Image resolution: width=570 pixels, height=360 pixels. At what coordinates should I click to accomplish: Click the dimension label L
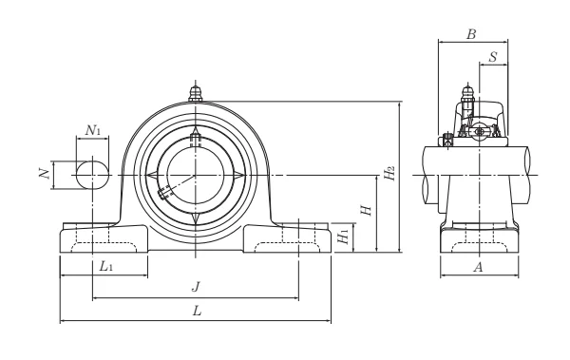tap(197, 312)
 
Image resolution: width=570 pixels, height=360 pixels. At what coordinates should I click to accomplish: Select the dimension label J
tap(196, 287)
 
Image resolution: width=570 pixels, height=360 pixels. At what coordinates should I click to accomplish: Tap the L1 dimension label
tap(106, 267)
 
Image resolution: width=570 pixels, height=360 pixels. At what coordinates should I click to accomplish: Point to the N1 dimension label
tap(93, 130)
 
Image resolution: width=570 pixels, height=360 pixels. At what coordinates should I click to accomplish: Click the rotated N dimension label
tap(45, 174)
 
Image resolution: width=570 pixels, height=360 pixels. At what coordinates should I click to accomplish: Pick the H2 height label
tap(389, 174)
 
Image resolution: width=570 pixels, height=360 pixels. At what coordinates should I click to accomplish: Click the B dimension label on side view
tap(471, 34)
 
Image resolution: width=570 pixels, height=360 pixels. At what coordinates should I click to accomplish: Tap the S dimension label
tap(493, 57)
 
